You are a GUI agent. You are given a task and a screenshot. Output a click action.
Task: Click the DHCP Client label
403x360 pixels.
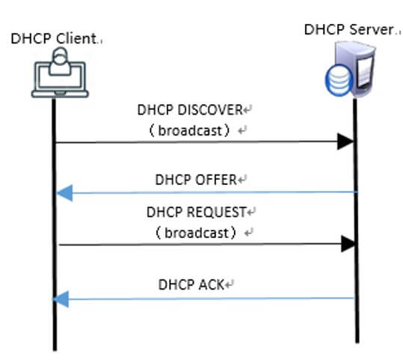(x=54, y=39)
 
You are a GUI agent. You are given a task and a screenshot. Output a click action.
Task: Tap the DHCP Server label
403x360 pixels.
(x=349, y=29)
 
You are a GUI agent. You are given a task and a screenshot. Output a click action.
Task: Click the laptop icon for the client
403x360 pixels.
(x=60, y=80)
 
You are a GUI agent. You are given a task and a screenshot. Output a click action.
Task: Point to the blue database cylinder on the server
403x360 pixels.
(x=339, y=80)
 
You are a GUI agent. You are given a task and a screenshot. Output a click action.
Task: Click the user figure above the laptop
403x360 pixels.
(x=60, y=61)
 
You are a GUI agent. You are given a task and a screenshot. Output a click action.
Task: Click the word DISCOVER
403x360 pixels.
(x=210, y=110)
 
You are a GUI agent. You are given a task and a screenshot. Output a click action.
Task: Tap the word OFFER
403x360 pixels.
(x=216, y=180)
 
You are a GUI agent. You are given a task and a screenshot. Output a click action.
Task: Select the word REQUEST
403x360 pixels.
(x=216, y=213)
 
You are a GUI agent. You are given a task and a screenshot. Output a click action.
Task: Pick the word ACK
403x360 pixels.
(x=208, y=285)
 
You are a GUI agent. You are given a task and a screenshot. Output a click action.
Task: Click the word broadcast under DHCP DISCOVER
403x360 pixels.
(x=190, y=130)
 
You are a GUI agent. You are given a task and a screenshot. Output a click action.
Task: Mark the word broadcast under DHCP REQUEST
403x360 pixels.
(x=197, y=233)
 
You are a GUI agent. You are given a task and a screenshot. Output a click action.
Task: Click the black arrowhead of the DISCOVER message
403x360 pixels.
(x=345, y=141)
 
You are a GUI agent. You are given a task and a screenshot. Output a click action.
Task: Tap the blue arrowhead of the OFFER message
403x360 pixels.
(x=65, y=193)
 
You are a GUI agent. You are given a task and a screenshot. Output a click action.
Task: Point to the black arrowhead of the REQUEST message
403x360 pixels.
(x=348, y=244)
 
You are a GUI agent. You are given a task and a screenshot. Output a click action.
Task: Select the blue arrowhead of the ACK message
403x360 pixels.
(x=61, y=299)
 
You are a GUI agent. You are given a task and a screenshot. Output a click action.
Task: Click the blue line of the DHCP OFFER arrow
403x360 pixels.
(x=207, y=192)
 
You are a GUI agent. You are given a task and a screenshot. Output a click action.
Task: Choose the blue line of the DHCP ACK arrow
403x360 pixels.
(x=203, y=299)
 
